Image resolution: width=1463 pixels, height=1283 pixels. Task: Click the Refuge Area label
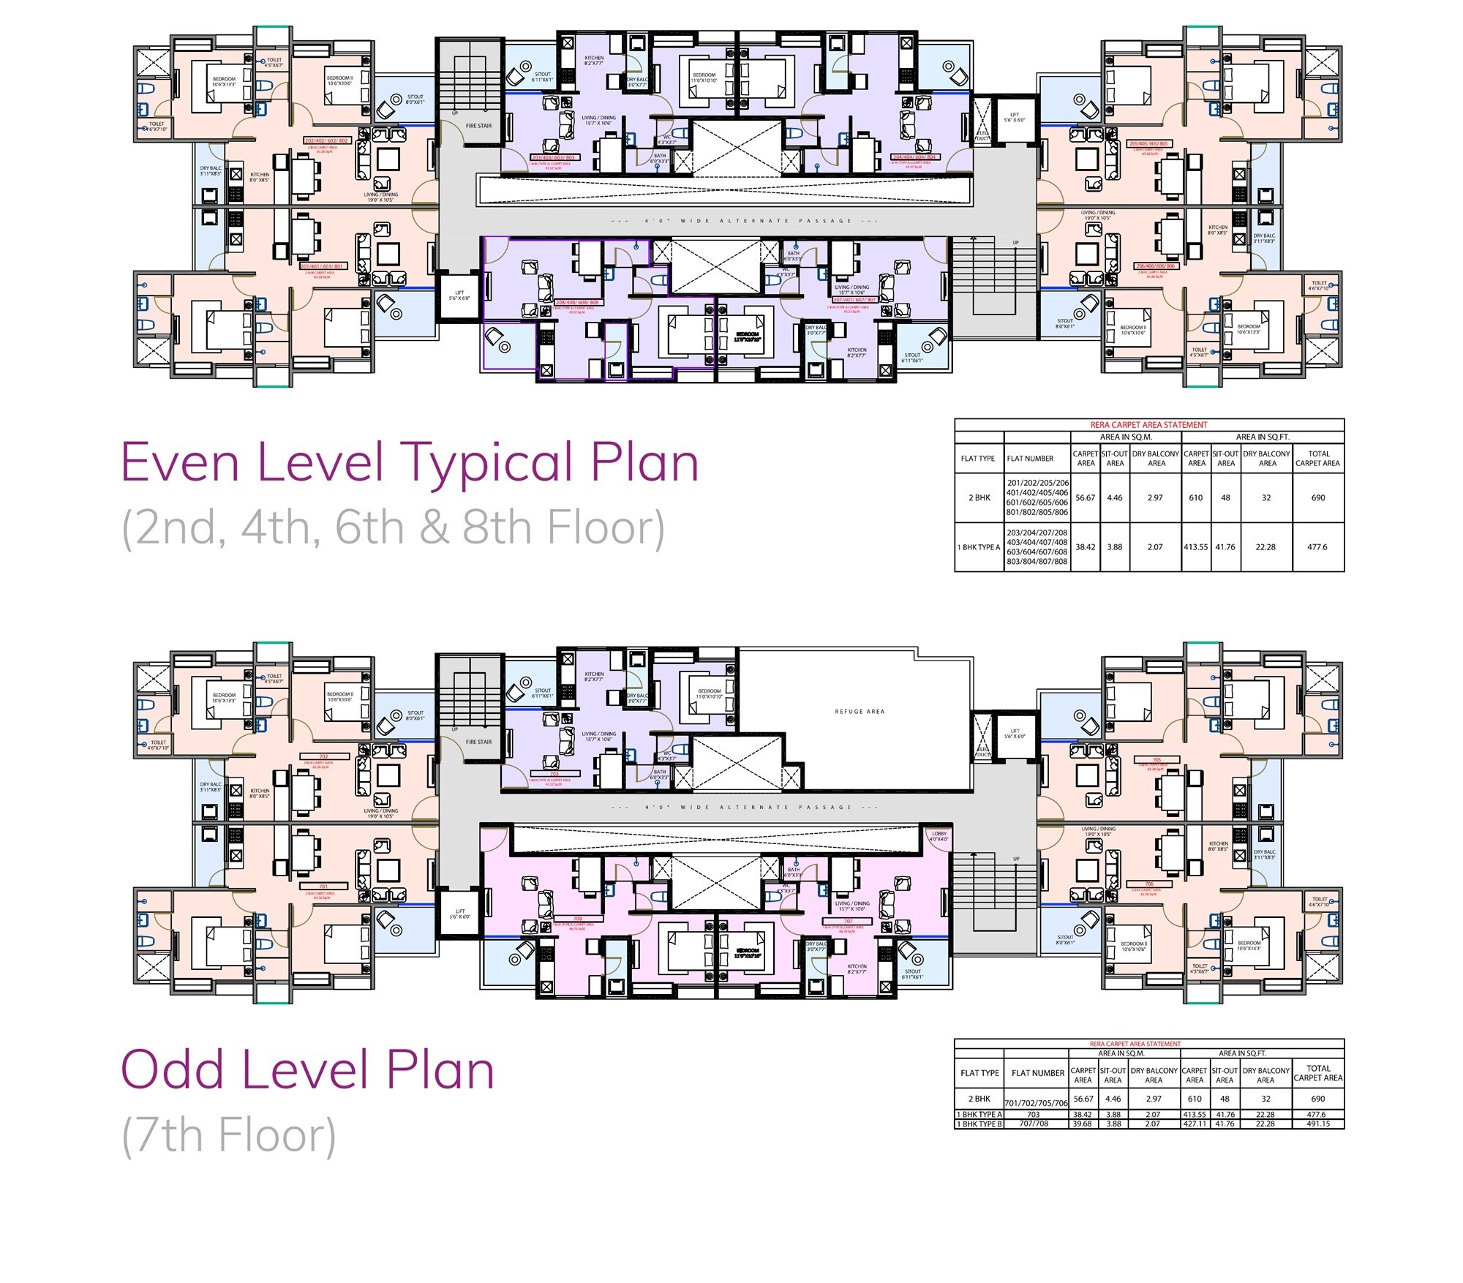(860, 711)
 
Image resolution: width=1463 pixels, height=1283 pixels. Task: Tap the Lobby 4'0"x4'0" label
(939, 836)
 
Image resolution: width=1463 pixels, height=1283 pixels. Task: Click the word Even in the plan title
(178, 462)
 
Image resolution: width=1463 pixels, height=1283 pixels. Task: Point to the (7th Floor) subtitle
(229, 1136)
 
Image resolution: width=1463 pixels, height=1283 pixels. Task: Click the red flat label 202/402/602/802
(326, 140)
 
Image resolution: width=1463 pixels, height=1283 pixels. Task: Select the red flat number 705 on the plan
(1157, 760)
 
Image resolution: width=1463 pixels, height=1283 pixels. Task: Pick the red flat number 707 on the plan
(848, 921)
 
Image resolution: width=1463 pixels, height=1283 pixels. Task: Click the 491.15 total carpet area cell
(1317, 1124)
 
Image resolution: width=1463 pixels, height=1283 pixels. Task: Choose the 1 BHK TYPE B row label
(979, 1124)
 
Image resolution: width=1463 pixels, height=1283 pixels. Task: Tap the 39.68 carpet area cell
(1082, 1124)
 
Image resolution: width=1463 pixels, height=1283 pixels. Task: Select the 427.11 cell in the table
(1194, 1124)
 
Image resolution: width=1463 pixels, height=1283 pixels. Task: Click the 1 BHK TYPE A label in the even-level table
(979, 547)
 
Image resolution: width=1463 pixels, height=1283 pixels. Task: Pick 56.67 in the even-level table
(1085, 497)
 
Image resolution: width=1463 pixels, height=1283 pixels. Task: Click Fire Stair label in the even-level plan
(478, 126)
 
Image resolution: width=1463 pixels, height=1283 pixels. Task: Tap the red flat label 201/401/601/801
(323, 266)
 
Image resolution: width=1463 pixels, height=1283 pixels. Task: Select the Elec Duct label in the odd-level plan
(981, 749)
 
